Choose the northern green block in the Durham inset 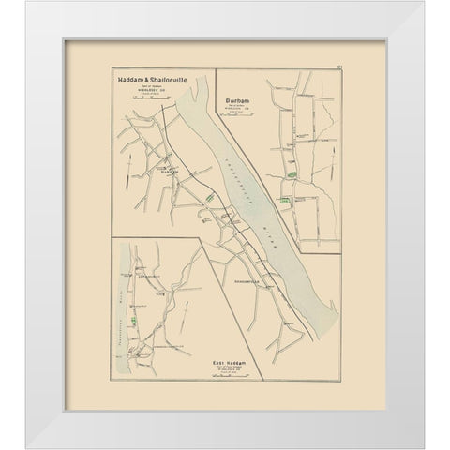pyautogui.click(x=292, y=148)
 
